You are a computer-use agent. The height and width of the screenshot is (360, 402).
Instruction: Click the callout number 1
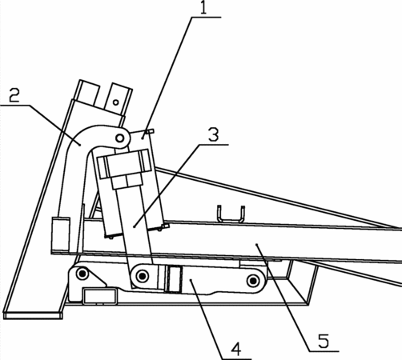click(203, 8)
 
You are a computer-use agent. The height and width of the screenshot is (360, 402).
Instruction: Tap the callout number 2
click(14, 95)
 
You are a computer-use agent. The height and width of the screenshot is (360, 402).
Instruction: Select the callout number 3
click(213, 134)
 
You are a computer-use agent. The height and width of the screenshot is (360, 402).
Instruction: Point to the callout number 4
click(236, 350)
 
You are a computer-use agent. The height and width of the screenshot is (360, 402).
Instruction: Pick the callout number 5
click(324, 341)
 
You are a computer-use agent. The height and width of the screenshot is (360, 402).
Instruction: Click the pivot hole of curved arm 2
click(120, 138)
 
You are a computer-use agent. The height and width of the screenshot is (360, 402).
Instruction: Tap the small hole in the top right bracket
click(115, 102)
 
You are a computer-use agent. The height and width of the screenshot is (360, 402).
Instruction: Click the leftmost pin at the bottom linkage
click(82, 274)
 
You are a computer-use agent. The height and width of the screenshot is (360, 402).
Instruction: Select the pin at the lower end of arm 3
click(142, 276)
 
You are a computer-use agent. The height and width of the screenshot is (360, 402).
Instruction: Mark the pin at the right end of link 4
click(253, 281)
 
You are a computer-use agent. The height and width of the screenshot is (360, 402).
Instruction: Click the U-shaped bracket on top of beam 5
click(231, 214)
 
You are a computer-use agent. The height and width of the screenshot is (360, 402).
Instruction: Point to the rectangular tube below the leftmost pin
click(100, 295)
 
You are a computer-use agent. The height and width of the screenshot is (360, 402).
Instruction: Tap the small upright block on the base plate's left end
click(61, 234)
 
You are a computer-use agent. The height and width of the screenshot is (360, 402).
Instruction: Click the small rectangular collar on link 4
click(174, 279)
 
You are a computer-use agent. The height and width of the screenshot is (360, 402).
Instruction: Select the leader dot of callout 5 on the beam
click(257, 244)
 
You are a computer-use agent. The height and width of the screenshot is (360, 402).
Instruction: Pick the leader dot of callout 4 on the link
click(191, 280)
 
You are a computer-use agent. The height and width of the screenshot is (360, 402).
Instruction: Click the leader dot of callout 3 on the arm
click(135, 226)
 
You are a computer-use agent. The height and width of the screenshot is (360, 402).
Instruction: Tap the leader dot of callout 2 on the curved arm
click(80, 145)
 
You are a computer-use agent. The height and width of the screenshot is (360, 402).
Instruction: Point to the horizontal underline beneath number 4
click(236, 359)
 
